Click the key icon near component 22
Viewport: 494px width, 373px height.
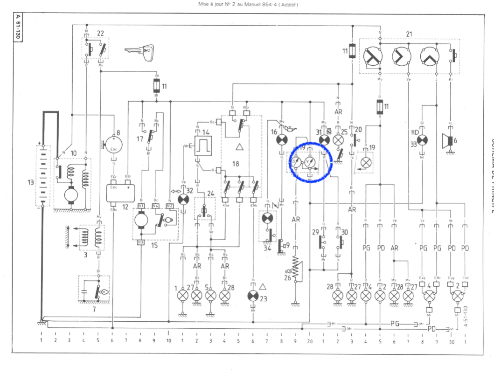[x=139, y=50]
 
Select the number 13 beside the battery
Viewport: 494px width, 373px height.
[x=30, y=183]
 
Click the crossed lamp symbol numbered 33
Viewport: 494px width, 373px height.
[x=423, y=140]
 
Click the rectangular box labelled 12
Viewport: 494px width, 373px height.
[x=127, y=193]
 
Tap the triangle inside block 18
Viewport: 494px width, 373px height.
[x=239, y=148]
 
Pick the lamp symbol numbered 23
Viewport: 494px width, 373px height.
[x=253, y=296]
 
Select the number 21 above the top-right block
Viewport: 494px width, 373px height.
[x=409, y=34]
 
